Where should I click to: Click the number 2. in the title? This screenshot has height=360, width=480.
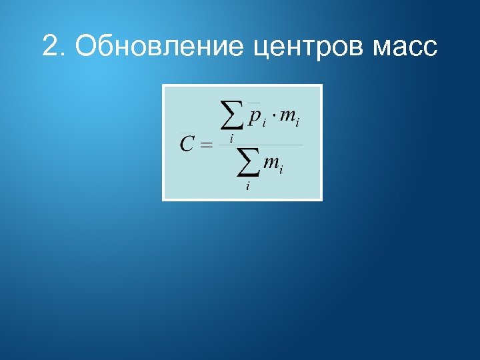tap(54, 47)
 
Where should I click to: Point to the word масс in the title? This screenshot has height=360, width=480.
tap(406, 48)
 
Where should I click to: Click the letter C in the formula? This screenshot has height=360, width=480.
tap(187, 144)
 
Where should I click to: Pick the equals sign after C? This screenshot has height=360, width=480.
tap(205, 145)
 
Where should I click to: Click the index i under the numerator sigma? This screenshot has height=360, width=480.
tap(231, 138)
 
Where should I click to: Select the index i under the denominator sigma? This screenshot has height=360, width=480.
tap(247, 187)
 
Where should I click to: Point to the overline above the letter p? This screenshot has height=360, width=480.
tap(254, 103)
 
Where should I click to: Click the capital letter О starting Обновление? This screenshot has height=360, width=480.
tap(85, 47)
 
